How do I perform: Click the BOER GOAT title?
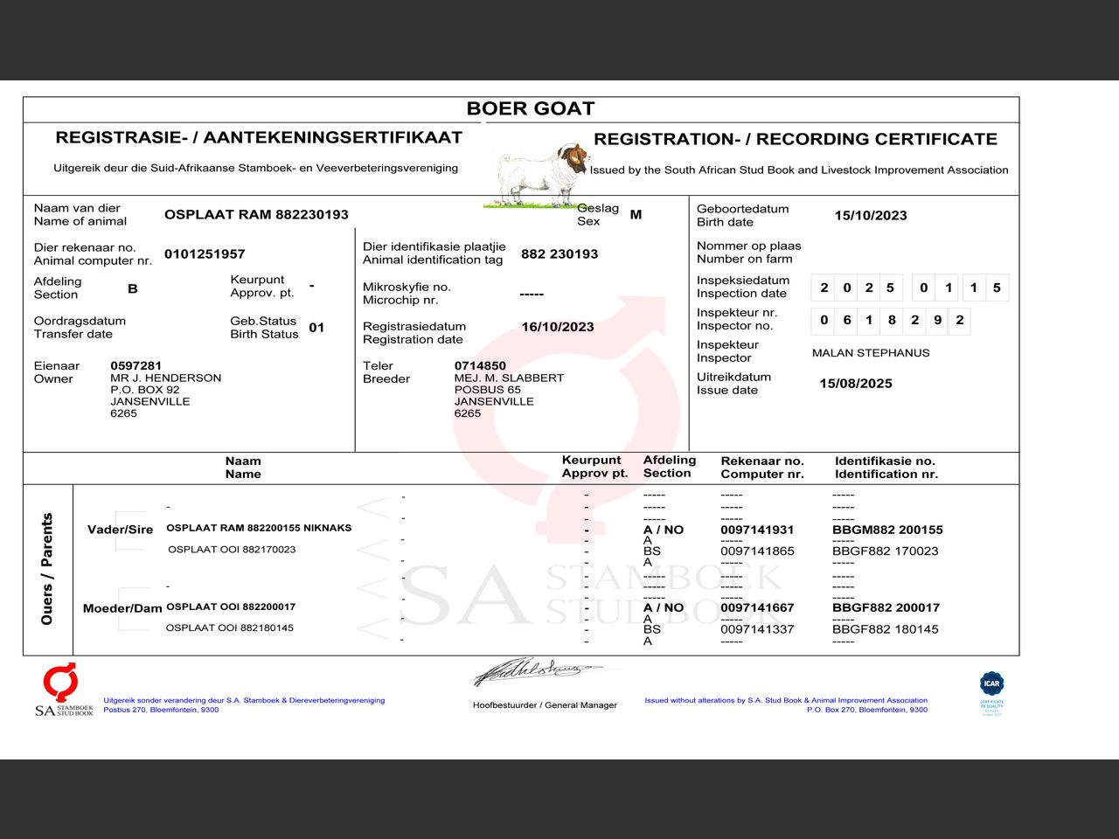pyautogui.click(x=530, y=108)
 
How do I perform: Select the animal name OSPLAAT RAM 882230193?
pyautogui.click(x=256, y=214)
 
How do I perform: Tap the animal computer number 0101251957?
pyautogui.click(x=205, y=253)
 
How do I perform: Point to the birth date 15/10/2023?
pyautogui.click(x=870, y=215)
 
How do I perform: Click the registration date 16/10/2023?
pyautogui.click(x=557, y=327)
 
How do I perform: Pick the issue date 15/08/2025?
pyautogui.click(x=855, y=384)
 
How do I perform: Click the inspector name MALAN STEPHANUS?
pyautogui.click(x=870, y=353)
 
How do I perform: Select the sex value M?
pyautogui.click(x=636, y=214)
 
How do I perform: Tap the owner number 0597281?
pyautogui.click(x=136, y=365)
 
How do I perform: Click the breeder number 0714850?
pyautogui.click(x=480, y=365)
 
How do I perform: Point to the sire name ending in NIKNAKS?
pyautogui.click(x=259, y=528)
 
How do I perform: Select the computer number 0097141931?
pyautogui.click(x=757, y=530)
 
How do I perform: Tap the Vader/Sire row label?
pyautogui.click(x=120, y=530)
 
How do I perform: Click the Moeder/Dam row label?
pyautogui.click(x=122, y=608)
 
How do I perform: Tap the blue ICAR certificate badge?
pyautogui.click(x=991, y=684)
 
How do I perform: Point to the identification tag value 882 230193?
pyautogui.click(x=559, y=253)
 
